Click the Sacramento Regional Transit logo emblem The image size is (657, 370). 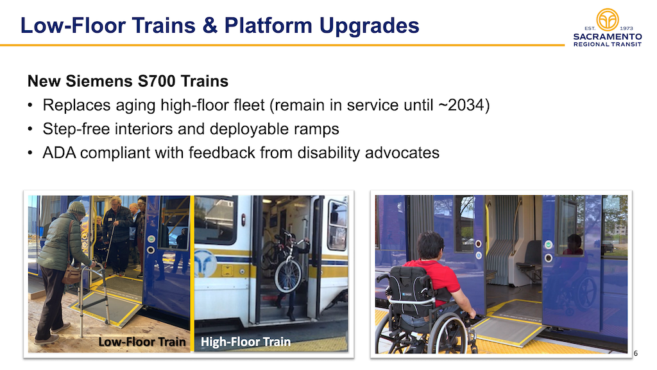pyautogui.click(x=608, y=20)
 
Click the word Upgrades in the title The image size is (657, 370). pyautogui.click(x=369, y=26)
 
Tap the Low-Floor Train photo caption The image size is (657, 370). pyautogui.click(x=142, y=342)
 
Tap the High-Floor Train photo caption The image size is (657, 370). pyautogui.click(x=246, y=342)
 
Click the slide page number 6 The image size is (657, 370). pyautogui.click(x=635, y=353)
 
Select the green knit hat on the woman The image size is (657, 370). pyautogui.click(x=76, y=207)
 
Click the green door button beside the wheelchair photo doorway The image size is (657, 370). pyautogui.click(x=548, y=245)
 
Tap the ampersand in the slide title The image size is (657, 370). pyautogui.click(x=210, y=26)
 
